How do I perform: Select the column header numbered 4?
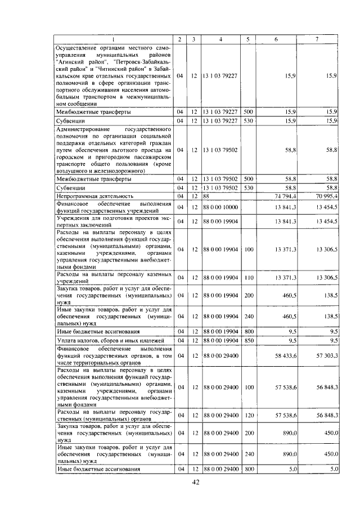click(x=220, y=39)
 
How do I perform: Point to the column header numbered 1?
click(x=113, y=39)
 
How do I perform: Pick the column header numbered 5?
click(x=247, y=39)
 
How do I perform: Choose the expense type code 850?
click(x=248, y=340)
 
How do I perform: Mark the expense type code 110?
click(x=248, y=277)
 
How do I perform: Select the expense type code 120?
click(x=248, y=415)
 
